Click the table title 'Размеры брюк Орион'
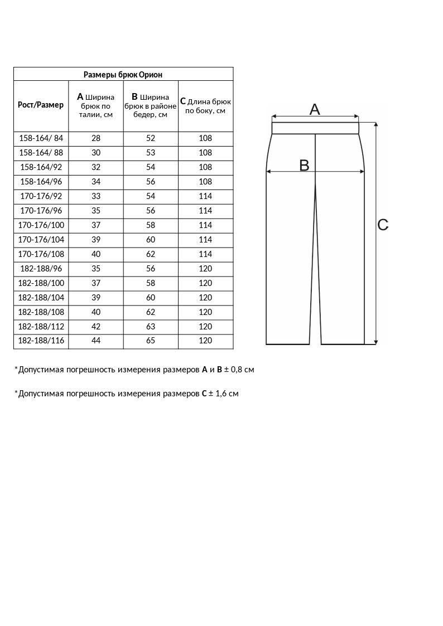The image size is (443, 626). pos(123,74)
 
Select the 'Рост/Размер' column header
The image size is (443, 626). pos(41,105)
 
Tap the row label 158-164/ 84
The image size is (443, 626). pos(41,138)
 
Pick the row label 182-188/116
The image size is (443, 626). pos(41,341)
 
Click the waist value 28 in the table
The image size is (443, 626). pos(96,138)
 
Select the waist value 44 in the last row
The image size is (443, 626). pos(96,341)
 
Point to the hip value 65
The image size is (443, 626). pos(151,341)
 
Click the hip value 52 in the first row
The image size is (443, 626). pos(151,138)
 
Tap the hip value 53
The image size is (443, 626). pos(151,153)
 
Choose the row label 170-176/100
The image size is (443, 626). pos(41,225)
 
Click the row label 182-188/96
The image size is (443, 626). pos(41,269)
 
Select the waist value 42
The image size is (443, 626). pos(96,327)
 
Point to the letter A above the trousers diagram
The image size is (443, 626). pos(315,110)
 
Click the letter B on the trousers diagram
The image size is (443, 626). pos(304,165)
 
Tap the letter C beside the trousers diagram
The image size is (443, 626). pos(383,225)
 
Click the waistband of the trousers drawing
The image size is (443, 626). pos(315,128)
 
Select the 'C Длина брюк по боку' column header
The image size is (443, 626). pos(205,106)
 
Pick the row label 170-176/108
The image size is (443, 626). pos(41,254)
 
